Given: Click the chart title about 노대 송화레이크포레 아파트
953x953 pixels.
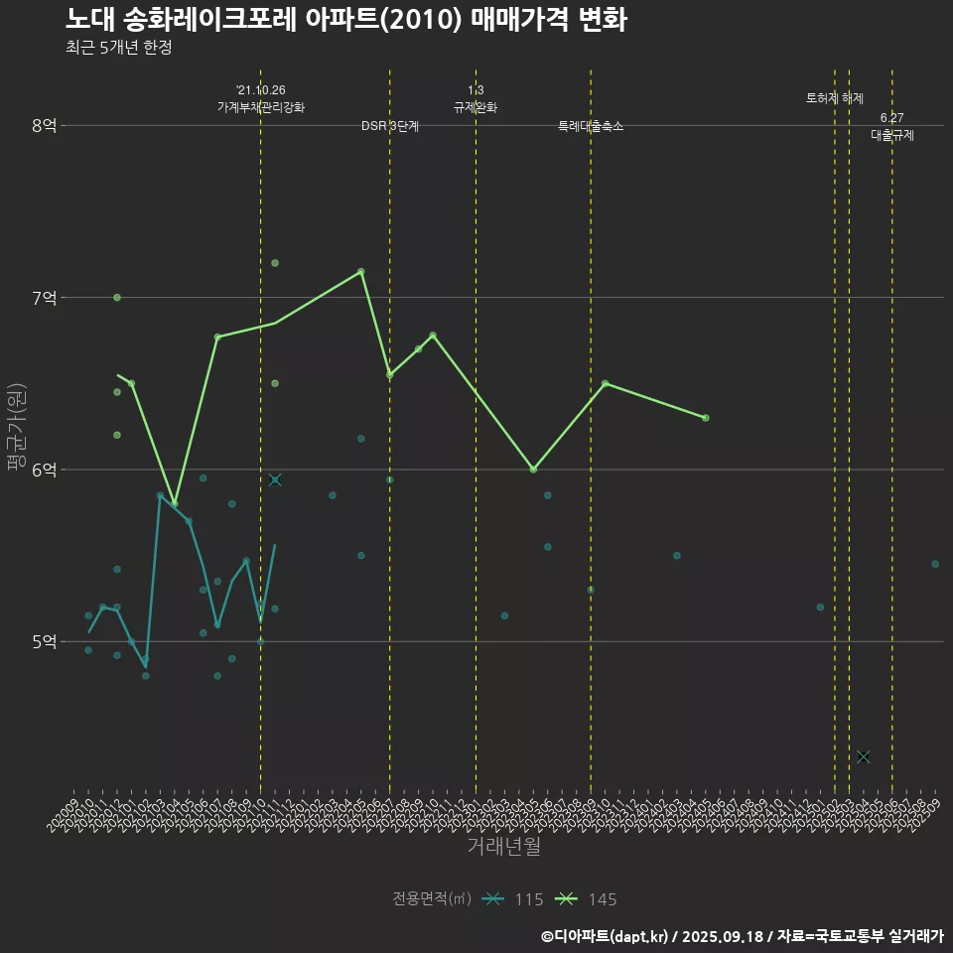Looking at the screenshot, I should pyautogui.click(x=345, y=20).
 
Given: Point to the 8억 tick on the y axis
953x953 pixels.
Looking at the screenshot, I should pyautogui.click(x=45, y=125).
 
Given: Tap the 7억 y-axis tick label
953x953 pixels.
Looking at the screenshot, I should pyautogui.click(x=45, y=298).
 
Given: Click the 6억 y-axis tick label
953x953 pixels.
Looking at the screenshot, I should pyautogui.click(x=45, y=470).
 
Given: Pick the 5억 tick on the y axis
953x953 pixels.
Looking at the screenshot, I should pyautogui.click(x=45, y=641).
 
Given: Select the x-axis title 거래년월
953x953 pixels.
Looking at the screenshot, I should pyautogui.click(x=503, y=847).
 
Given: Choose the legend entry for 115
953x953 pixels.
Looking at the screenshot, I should pyautogui.click(x=512, y=899).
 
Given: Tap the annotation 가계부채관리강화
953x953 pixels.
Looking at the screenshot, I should pyautogui.click(x=261, y=107).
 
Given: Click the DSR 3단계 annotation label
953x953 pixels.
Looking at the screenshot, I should pyautogui.click(x=390, y=126).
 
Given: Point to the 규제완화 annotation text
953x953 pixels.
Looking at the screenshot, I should pyautogui.click(x=476, y=107).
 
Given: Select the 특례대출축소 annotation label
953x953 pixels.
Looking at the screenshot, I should pyautogui.click(x=591, y=126).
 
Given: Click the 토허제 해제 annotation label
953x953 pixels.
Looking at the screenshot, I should pyautogui.click(x=835, y=98).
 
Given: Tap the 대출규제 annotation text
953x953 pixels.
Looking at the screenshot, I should pyautogui.click(x=891, y=135).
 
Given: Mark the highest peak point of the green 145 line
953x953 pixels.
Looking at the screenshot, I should pyautogui.click(x=360, y=271).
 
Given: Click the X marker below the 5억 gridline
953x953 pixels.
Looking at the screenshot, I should pyautogui.click(x=864, y=756).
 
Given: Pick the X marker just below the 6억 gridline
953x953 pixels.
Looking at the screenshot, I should pyautogui.click(x=275, y=479).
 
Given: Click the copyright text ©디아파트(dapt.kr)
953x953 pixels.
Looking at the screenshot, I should pyautogui.click(x=605, y=936).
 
